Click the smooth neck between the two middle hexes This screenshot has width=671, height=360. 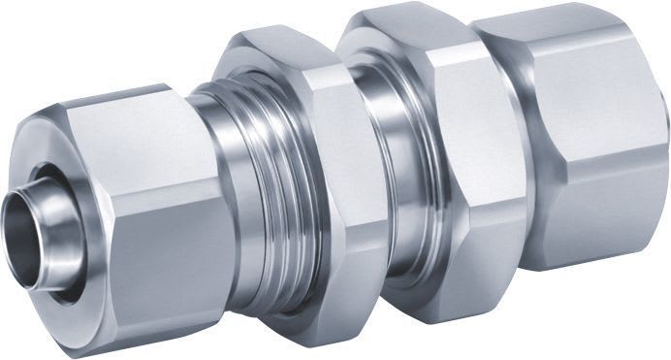(x=388, y=184)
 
